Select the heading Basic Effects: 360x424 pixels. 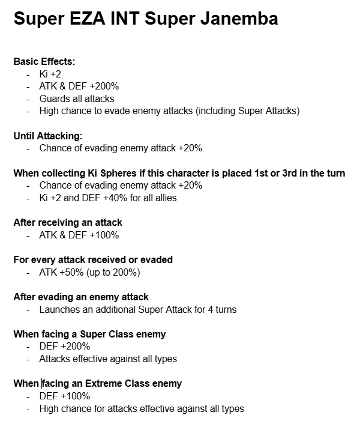click(44, 62)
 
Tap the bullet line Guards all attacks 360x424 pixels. click(76, 98)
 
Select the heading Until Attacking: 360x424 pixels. click(47, 136)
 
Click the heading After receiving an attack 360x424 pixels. click(67, 223)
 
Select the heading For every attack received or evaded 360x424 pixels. click(92, 260)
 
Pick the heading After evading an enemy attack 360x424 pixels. click(81, 297)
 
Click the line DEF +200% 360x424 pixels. click(64, 347)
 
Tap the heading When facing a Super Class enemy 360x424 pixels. click(89, 335)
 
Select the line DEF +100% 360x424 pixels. click(64, 396)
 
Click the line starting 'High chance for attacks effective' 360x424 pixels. click(142, 409)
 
